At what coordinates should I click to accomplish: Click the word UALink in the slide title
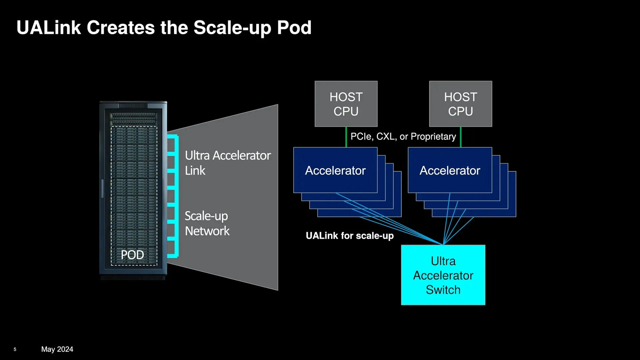pos(48,28)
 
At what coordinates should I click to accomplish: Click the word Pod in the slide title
pos(294,28)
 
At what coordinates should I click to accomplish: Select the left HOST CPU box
pos(346,104)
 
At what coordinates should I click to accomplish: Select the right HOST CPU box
pos(461,104)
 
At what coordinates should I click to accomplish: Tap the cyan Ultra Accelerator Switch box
pos(443,275)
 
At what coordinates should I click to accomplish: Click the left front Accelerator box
pos(335,170)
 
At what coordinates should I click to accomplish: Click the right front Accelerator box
pos(450,170)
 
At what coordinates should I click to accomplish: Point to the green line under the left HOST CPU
pos(346,137)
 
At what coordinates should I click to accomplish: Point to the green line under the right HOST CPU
pos(461,137)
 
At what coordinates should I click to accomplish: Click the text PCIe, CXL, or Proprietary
pos(403,137)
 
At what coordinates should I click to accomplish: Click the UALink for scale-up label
pos(350,236)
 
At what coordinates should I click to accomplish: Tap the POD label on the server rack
pos(132,255)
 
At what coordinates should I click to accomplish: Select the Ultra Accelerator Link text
pos(228,163)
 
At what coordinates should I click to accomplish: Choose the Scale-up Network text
pos(207,223)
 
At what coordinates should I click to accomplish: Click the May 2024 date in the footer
pos(57,349)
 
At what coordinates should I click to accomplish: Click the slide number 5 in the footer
pos(15,349)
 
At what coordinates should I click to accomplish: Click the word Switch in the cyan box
pos(443,290)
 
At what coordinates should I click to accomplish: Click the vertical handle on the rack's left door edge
pos(102,188)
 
